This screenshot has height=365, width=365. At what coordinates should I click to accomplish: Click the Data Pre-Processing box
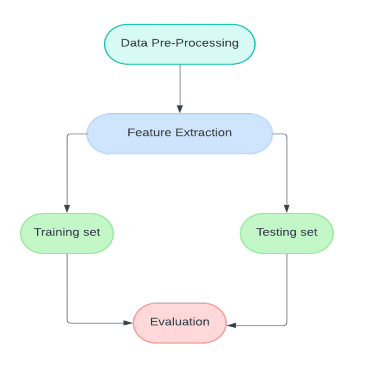coord(180,44)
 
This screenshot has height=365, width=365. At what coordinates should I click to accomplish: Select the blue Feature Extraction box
coord(180,133)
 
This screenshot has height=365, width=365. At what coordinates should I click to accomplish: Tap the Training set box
coord(67,233)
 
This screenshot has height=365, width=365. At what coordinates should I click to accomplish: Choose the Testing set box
coord(287,233)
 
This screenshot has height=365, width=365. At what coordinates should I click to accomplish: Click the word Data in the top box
coord(134,43)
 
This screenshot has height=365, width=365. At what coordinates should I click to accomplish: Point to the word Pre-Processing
coord(195,43)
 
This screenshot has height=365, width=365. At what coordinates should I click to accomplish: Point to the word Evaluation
coord(180,322)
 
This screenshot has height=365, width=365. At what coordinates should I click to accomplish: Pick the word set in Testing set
coord(308,232)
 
